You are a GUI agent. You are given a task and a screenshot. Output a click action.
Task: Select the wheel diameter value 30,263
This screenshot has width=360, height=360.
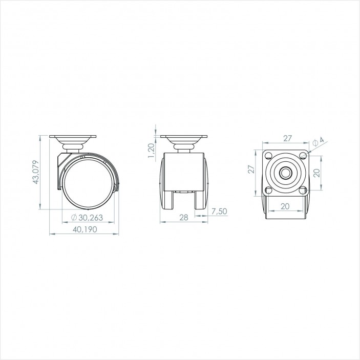click(x=91, y=218)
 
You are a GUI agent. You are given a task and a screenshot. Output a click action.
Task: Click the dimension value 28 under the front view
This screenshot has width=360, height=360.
click(x=183, y=218)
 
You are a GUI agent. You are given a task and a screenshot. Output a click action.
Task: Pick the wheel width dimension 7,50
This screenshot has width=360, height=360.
click(x=219, y=211)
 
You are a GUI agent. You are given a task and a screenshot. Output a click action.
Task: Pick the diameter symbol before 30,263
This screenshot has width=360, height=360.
click(x=74, y=218)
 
